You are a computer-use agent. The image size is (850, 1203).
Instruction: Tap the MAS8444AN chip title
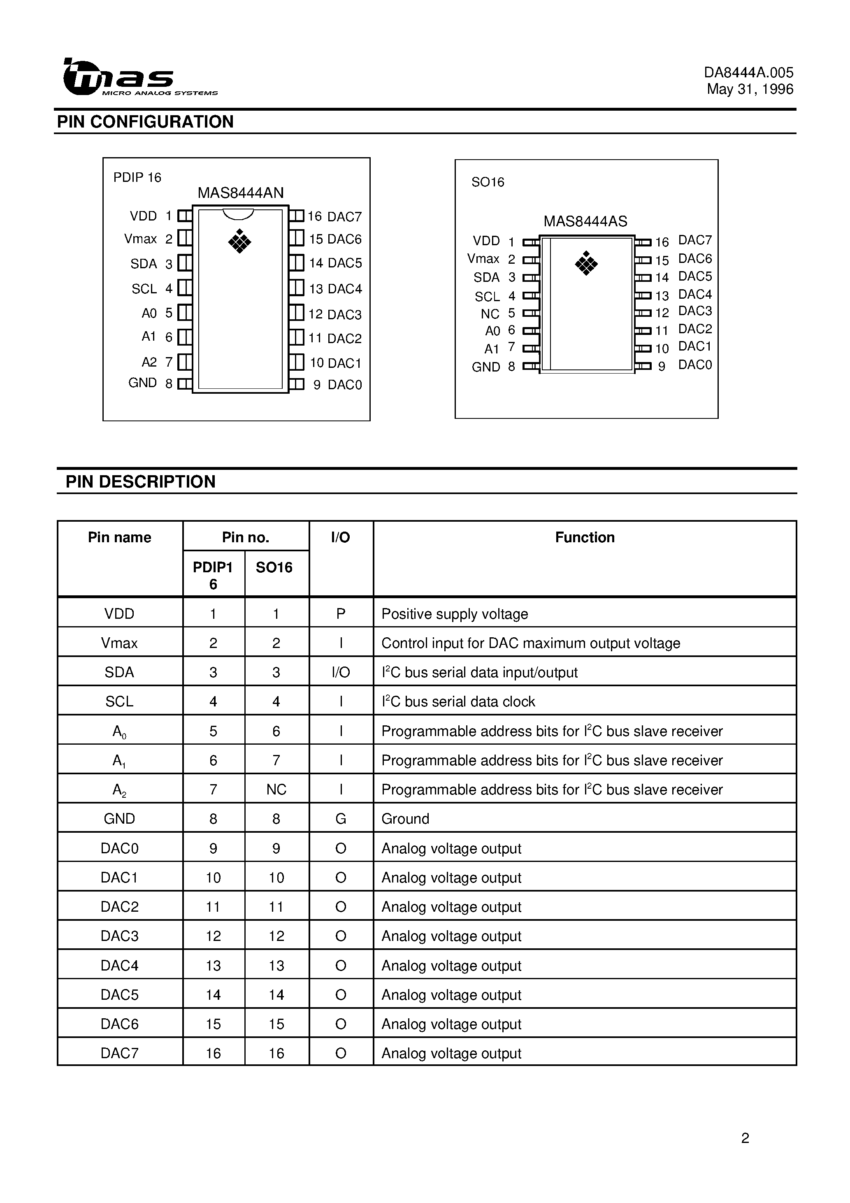pyautogui.click(x=241, y=193)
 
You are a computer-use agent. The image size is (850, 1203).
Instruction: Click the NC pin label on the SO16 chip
pyautogui.click(x=490, y=314)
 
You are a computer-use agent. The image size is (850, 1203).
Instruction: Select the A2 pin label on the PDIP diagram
pyautogui.click(x=149, y=362)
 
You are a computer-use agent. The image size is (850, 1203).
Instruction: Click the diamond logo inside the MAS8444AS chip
pyautogui.click(x=586, y=263)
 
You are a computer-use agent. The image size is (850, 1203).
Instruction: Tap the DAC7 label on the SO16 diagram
pyautogui.click(x=695, y=240)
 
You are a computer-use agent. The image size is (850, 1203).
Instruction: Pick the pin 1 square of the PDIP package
pyautogui.click(x=184, y=216)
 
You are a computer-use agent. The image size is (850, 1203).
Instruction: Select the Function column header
pyautogui.click(x=584, y=538)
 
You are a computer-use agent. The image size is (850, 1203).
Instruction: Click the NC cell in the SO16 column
pyautogui.click(x=276, y=790)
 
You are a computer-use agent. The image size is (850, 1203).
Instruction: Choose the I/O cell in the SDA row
pyautogui.click(x=341, y=672)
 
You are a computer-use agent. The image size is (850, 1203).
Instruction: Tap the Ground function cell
pyautogui.click(x=405, y=819)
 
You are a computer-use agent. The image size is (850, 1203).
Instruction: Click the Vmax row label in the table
pyautogui.click(x=119, y=643)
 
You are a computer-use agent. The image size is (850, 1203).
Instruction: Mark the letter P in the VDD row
pyautogui.click(x=341, y=613)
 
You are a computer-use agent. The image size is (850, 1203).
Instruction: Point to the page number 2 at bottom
pyautogui.click(x=745, y=1138)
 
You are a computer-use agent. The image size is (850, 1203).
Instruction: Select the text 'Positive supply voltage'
pyautogui.click(x=454, y=614)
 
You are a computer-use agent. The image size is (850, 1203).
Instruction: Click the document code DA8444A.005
pyautogui.click(x=748, y=72)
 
